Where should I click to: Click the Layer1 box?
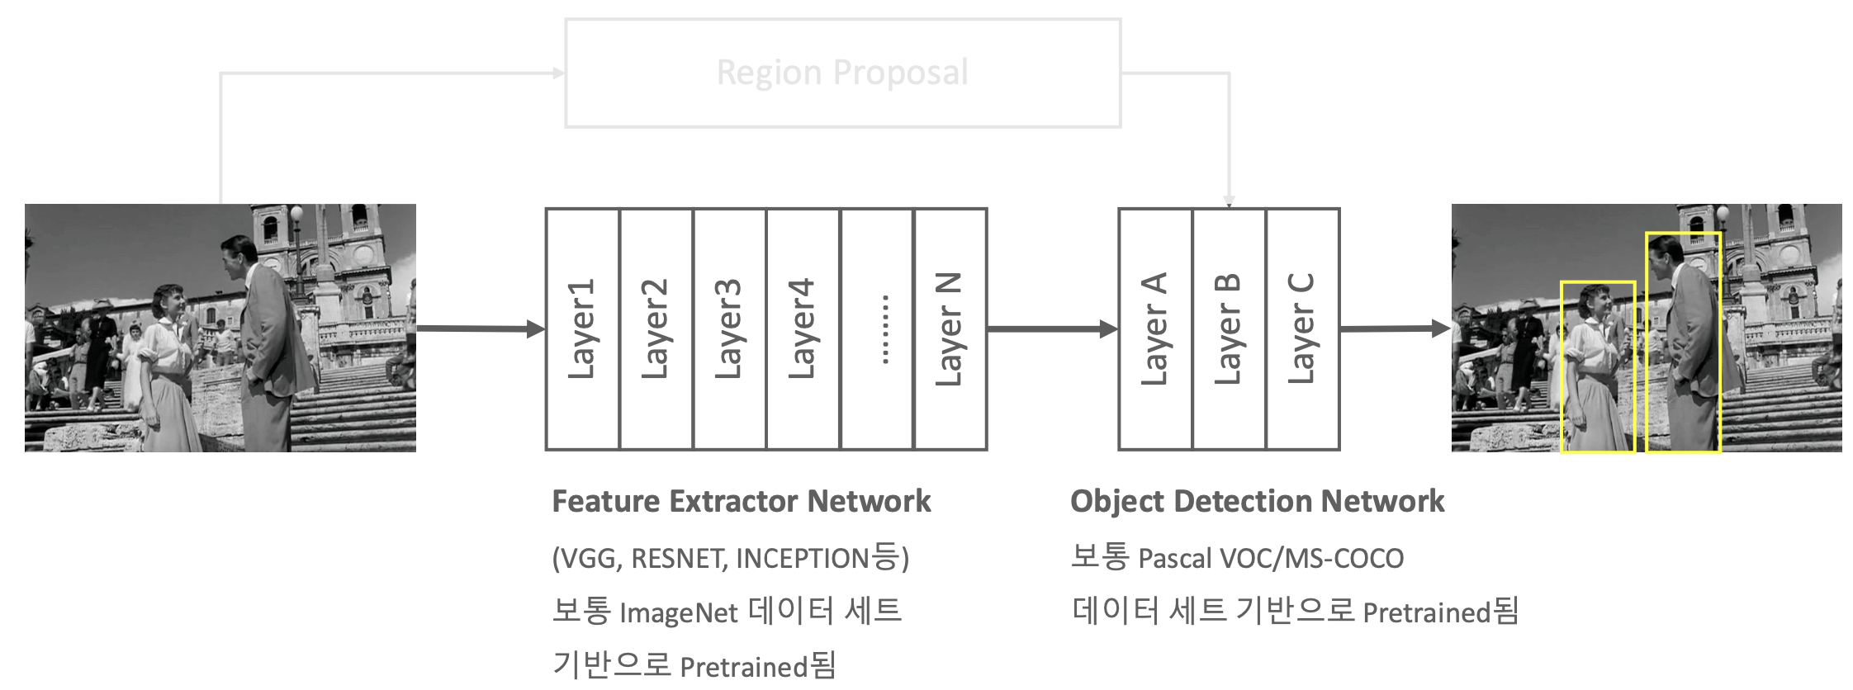(582, 328)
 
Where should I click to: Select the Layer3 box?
(729, 328)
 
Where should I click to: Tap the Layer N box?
(950, 328)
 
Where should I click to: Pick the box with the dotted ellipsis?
(877, 328)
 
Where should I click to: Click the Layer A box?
(1155, 328)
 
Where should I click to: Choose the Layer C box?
(1302, 328)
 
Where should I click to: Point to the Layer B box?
(1229, 328)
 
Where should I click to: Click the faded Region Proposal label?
(842, 73)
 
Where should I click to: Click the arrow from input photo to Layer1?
(480, 329)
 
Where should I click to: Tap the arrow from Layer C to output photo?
(1395, 328)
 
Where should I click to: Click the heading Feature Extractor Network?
(741, 501)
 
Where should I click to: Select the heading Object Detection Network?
(1257, 501)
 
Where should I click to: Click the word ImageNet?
(678, 613)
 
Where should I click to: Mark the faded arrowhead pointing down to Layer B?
(1229, 201)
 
